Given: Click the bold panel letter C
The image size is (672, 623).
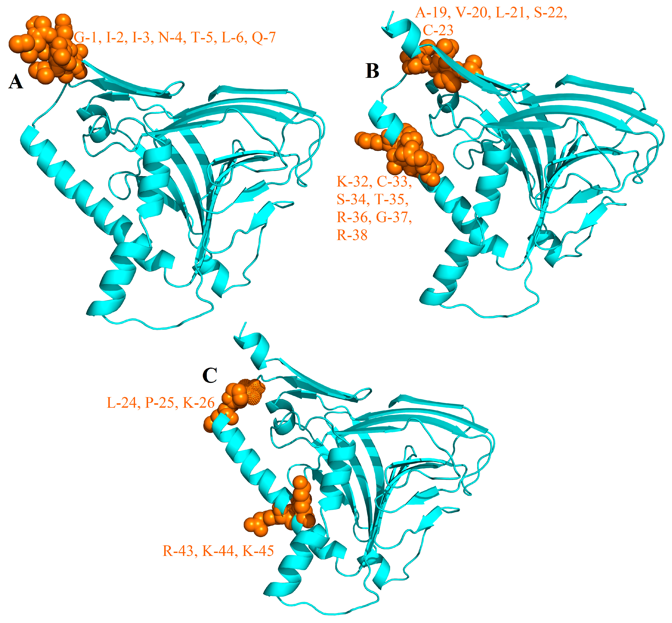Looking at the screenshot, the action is [x=210, y=375].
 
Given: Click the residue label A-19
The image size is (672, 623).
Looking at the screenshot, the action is [x=433, y=13].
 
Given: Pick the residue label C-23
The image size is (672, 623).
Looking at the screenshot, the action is [x=438, y=30].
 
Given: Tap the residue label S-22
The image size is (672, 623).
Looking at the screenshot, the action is [x=550, y=13].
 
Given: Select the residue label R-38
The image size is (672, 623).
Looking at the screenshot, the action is [x=352, y=235].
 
